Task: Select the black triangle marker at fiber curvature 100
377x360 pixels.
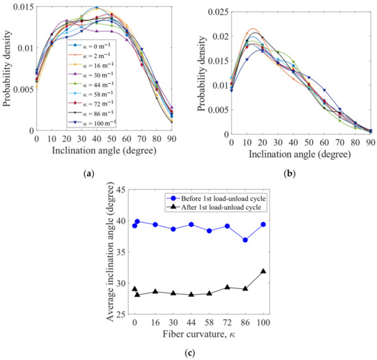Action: click(263, 272)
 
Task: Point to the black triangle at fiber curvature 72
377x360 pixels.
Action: click(227, 287)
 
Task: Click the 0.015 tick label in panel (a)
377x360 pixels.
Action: click(21, 7)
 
